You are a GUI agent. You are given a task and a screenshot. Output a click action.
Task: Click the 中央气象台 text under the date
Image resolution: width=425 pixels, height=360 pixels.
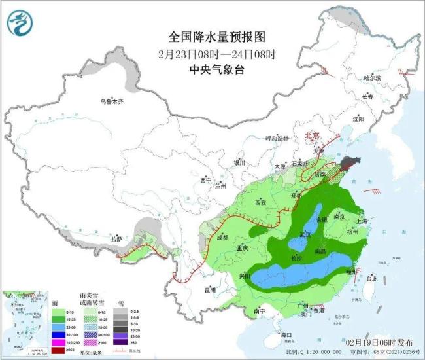tap(212, 69)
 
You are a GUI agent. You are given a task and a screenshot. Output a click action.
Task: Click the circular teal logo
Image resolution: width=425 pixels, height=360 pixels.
tap(20, 24)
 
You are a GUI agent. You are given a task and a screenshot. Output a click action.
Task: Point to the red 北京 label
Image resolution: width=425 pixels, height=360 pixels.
tap(313, 135)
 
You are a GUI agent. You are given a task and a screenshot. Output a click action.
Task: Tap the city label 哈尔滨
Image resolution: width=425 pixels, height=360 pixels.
tap(371, 77)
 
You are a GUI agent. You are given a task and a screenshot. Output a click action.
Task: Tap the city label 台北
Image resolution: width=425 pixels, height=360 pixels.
tap(371, 279)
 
